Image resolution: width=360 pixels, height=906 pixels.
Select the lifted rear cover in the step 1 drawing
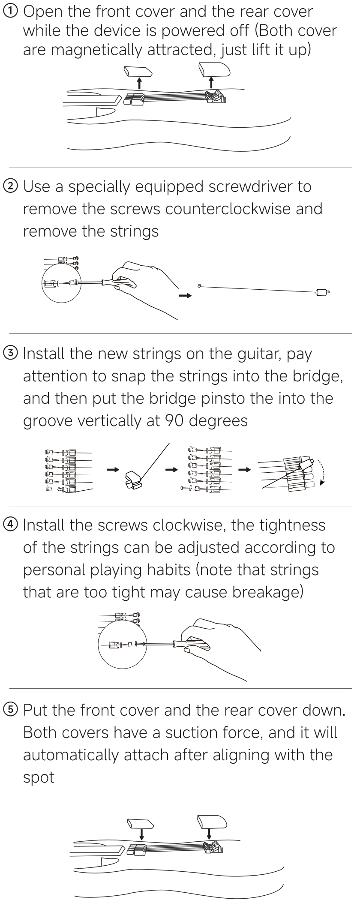pos(214,69)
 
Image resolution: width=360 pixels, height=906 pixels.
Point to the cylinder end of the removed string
pos(321,293)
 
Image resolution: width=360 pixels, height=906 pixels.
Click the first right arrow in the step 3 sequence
pos(113,470)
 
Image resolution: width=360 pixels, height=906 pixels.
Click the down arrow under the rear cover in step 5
pos(209,833)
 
